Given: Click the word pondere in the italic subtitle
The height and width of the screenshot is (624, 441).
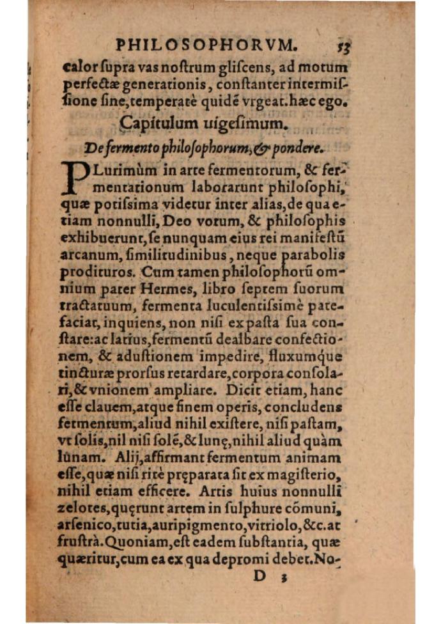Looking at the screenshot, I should point(295,148).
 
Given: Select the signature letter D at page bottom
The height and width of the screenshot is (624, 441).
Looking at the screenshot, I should point(259,577).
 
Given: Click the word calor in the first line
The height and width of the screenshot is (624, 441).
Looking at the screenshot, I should point(79,66).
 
